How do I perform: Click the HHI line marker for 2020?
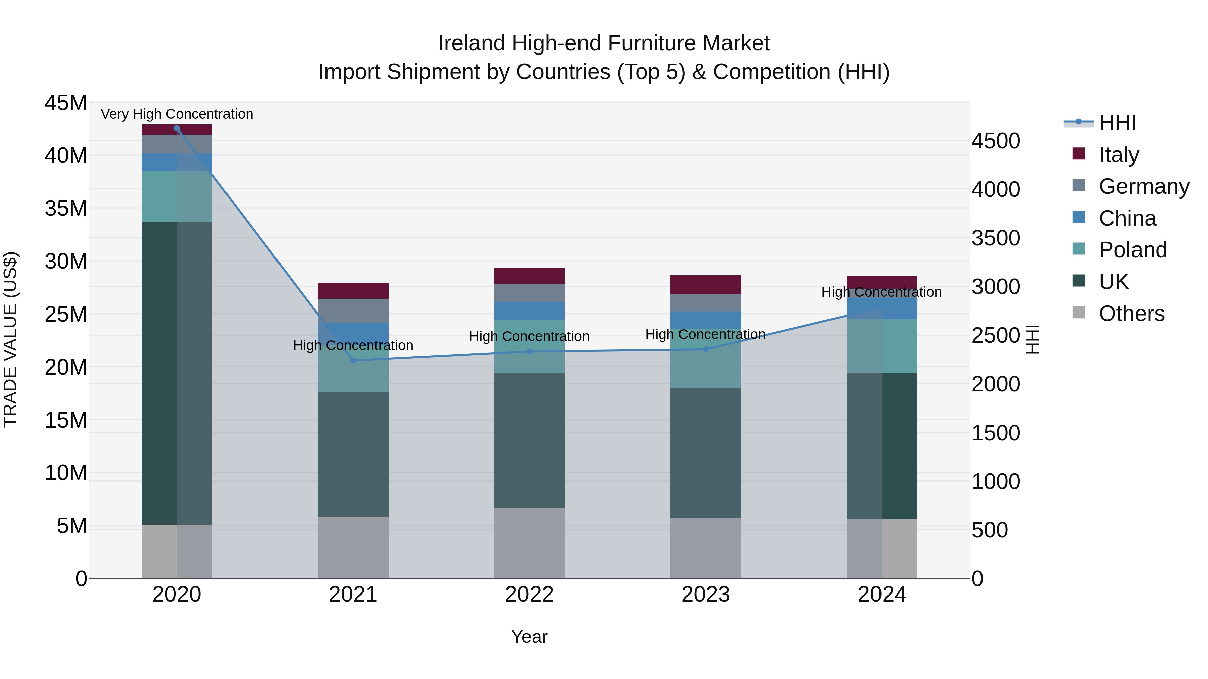[177, 128]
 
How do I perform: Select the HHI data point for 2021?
[353, 360]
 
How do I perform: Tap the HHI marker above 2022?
[530, 351]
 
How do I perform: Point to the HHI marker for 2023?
[706, 349]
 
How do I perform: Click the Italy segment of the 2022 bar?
[530, 276]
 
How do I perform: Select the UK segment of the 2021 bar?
[353, 455]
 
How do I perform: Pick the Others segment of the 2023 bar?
[706, 548]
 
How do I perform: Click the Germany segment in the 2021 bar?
[353, 310]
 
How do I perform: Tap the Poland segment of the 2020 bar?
[177, 196]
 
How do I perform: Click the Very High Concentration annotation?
[177, 114]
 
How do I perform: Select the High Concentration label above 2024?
[881, 292]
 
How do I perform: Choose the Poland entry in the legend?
[1132, 250]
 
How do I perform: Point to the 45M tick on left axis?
[66, 103]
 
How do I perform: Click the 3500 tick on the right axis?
[996, 238]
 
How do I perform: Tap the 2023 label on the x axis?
[706, 594]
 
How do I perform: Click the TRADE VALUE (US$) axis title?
[11, 339]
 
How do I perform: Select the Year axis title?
[530, 637]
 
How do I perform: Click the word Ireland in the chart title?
[472, 43]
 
